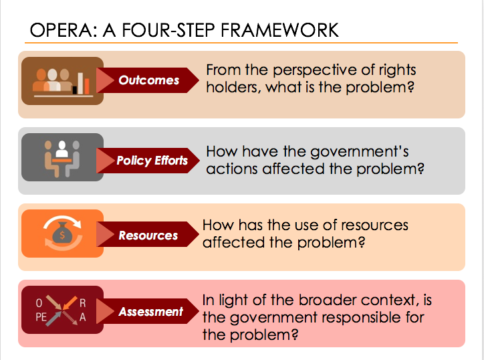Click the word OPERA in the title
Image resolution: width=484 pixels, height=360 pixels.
point(64,30)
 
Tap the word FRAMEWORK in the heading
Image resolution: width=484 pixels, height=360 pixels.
point(279,30)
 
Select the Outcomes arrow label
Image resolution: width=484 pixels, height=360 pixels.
point(149,80)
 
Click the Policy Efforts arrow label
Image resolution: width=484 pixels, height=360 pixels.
point(152,161)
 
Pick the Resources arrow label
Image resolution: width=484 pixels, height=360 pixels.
point(148,236)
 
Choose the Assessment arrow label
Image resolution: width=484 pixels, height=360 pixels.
point(151,311)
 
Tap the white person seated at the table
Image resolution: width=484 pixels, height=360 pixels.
point(62,149)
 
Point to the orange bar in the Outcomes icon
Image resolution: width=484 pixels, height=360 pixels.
point(87,86)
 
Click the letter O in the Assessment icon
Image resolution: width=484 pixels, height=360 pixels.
point(39,303)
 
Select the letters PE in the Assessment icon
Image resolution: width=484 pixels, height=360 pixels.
point(41,317)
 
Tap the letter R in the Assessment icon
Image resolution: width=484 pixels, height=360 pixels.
point(83,303)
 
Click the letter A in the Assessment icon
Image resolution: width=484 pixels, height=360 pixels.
point(82,317)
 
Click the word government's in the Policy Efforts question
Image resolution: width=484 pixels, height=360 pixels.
point(359,152)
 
